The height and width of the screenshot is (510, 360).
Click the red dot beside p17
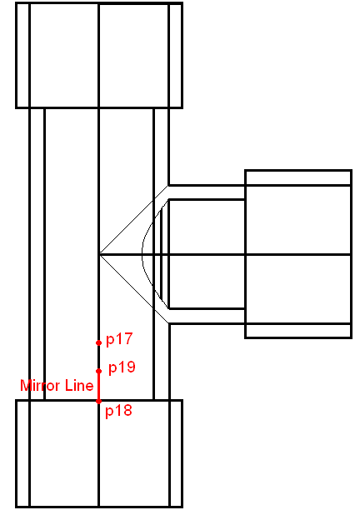tap(99, 342)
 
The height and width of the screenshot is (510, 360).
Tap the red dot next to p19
tap(99, 371)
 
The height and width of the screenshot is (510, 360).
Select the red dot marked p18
tap(99, 402)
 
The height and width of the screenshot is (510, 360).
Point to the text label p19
tap(122, 367)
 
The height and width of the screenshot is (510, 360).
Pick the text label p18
tap(118, 411)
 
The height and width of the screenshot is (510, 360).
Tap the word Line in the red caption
tap(79, 386)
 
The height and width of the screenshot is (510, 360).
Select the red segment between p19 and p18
tap(99, 387)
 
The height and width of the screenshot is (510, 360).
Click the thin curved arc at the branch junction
tap(142, 253)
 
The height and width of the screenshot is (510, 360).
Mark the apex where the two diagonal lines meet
tap(99, 253)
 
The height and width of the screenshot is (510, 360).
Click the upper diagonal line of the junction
tap(134, 219)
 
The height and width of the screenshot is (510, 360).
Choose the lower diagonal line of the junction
tap(134, 289)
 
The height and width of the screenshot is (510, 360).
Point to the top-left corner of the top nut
tap(16, 3)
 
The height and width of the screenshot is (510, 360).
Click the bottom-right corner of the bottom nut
tap(182, 507)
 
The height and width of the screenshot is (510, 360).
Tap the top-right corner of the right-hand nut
tap(352, 170)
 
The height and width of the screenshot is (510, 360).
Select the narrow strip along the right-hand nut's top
tap(298, 177)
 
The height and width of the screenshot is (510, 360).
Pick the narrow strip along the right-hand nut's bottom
tap(298, 331)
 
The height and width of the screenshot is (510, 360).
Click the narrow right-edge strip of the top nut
tap(176, 55)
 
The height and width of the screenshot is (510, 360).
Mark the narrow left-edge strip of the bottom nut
tap(22, 453)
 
